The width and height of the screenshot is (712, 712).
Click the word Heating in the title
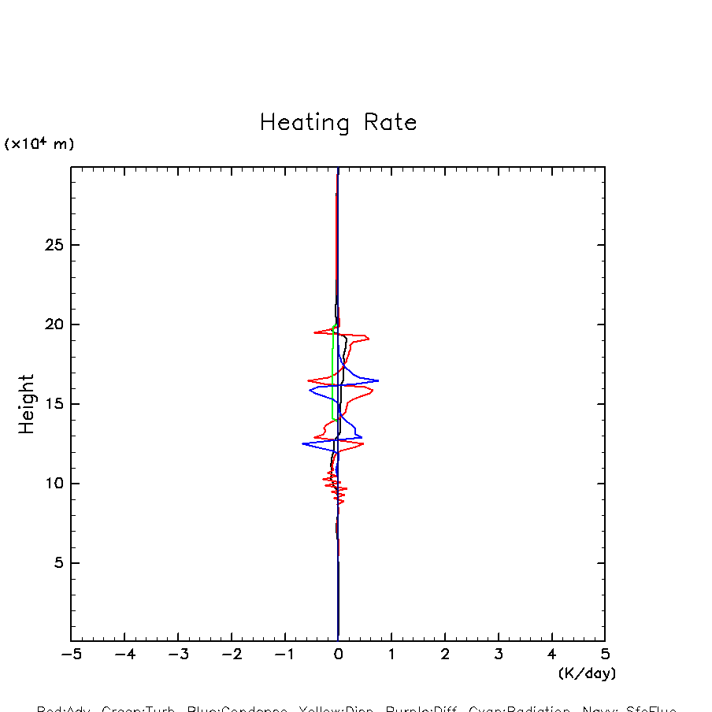(x=305, y=124)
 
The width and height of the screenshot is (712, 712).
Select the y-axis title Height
(x=27, y=404)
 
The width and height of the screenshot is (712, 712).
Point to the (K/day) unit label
(x=587, y=673)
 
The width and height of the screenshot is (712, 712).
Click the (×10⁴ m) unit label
(x=39, y=144)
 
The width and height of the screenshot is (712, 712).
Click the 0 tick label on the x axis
(x=338, y=655)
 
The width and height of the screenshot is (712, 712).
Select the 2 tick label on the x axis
(x=445, y=655)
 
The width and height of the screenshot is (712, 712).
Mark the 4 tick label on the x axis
(x=551, y=655)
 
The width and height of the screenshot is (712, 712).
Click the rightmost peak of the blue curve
(x=378, y=380)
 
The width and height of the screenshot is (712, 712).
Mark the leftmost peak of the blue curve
(x=302, y=444)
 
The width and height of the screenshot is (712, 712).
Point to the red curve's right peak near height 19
(x=369, y=339)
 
